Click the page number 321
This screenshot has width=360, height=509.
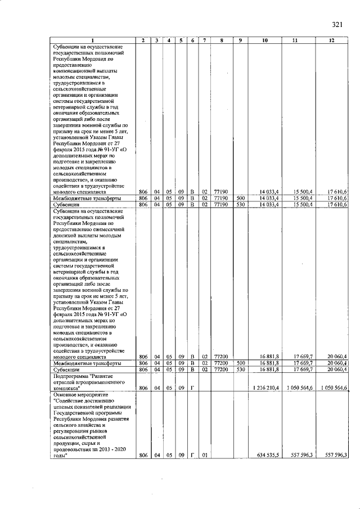pos(337,24)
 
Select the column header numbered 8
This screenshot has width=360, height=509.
pos(223,40)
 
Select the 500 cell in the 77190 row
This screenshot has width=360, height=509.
pos(240,199)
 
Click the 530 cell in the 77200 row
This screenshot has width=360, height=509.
pos(240,370)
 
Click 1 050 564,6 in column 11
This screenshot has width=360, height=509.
pos(298,388)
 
